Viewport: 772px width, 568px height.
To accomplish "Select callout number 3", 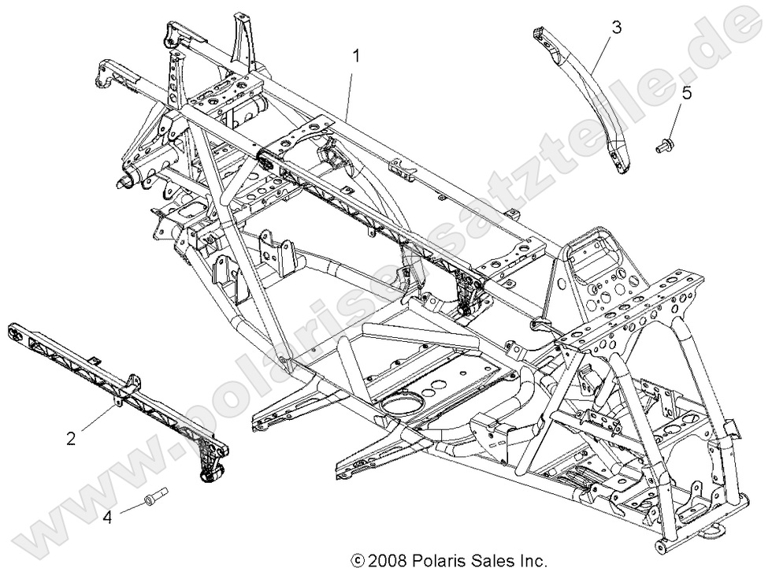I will click(616, 27).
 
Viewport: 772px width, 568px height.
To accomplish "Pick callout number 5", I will click(686, 93).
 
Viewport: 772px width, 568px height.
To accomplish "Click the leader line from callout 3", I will click(603, 55).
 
